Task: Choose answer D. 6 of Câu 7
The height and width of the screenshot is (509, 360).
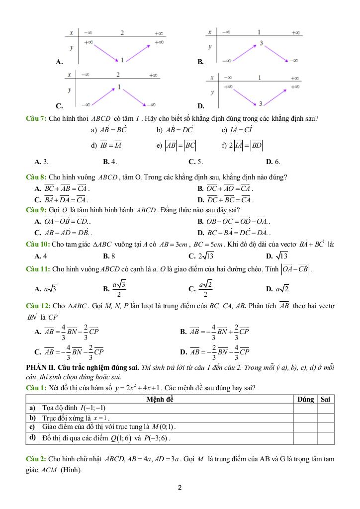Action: pos(273,162)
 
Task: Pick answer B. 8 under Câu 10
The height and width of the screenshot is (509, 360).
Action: pos(109,256)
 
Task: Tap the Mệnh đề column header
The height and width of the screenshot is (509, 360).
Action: pos(160,399)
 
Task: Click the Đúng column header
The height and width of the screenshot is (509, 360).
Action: pos(305,399)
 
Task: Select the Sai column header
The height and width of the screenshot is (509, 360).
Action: pos(326,399)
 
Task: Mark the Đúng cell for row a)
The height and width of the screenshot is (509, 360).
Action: pos(305,408)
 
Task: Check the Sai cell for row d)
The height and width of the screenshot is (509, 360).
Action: pos(326,438)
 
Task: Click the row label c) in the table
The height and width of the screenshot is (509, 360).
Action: pos(31,427)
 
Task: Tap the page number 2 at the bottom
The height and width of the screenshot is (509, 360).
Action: pos(180,488)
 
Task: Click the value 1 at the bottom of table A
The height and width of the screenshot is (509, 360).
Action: pos(122,60)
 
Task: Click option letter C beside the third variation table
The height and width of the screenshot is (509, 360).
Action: pos(59,106)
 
